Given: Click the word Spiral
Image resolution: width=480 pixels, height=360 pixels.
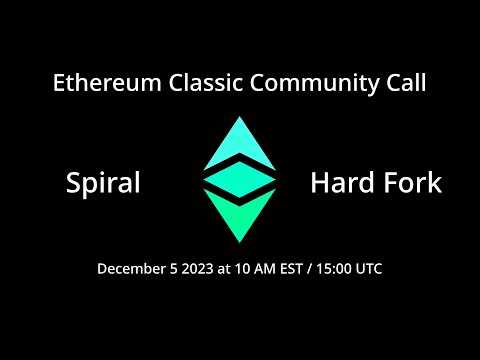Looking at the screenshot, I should pyautogui.click(x=102, y=184).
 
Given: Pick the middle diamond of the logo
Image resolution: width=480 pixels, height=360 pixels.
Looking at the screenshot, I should pyautogui.click(x=240, y=180).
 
